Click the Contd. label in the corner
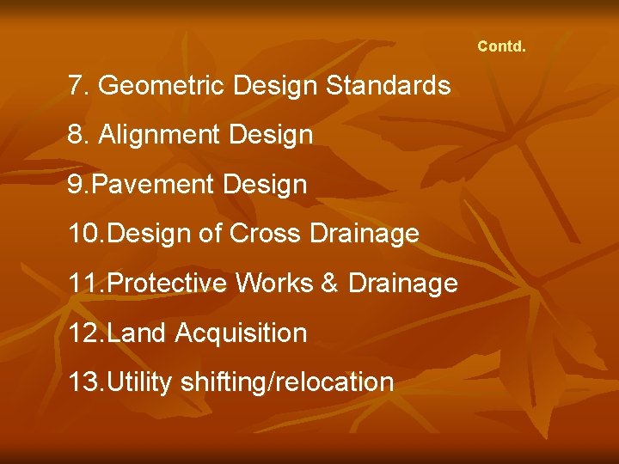[501, 46]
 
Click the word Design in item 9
[267, 185]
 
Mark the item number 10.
[83, 234]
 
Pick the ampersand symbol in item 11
[329, 283]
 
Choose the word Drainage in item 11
[403, 283]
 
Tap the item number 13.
[83, 382]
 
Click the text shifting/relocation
[287, 382]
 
